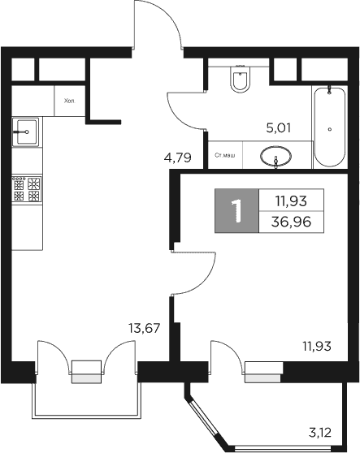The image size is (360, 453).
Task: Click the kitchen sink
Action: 26,129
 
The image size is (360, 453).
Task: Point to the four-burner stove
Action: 26,189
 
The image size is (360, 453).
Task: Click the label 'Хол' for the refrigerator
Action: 69,101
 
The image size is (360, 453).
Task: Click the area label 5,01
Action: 280,127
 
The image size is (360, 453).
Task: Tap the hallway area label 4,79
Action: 178,157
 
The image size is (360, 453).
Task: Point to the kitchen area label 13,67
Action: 144,328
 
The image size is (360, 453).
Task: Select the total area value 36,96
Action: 291,220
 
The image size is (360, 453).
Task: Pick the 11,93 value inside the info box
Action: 291,199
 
